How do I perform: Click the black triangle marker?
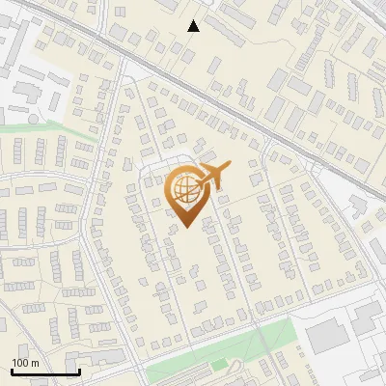[x=194, y=26]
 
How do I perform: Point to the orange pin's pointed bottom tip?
[x=186, y=227]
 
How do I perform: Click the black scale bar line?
[x=45, y=372]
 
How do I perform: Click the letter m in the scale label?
[x=35, y=363]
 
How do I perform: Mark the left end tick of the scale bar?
[x=13, y=370]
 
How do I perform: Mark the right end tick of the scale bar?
[x=78, y=370]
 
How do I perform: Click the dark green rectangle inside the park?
[x=219, y=364]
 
